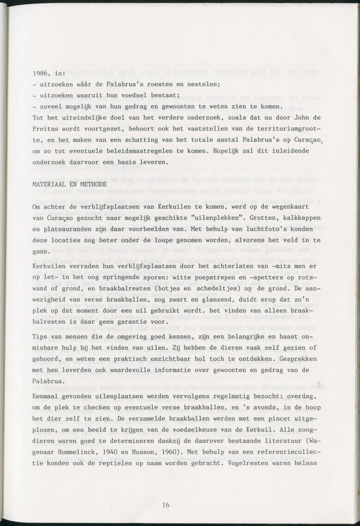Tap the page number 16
point(165,505)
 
